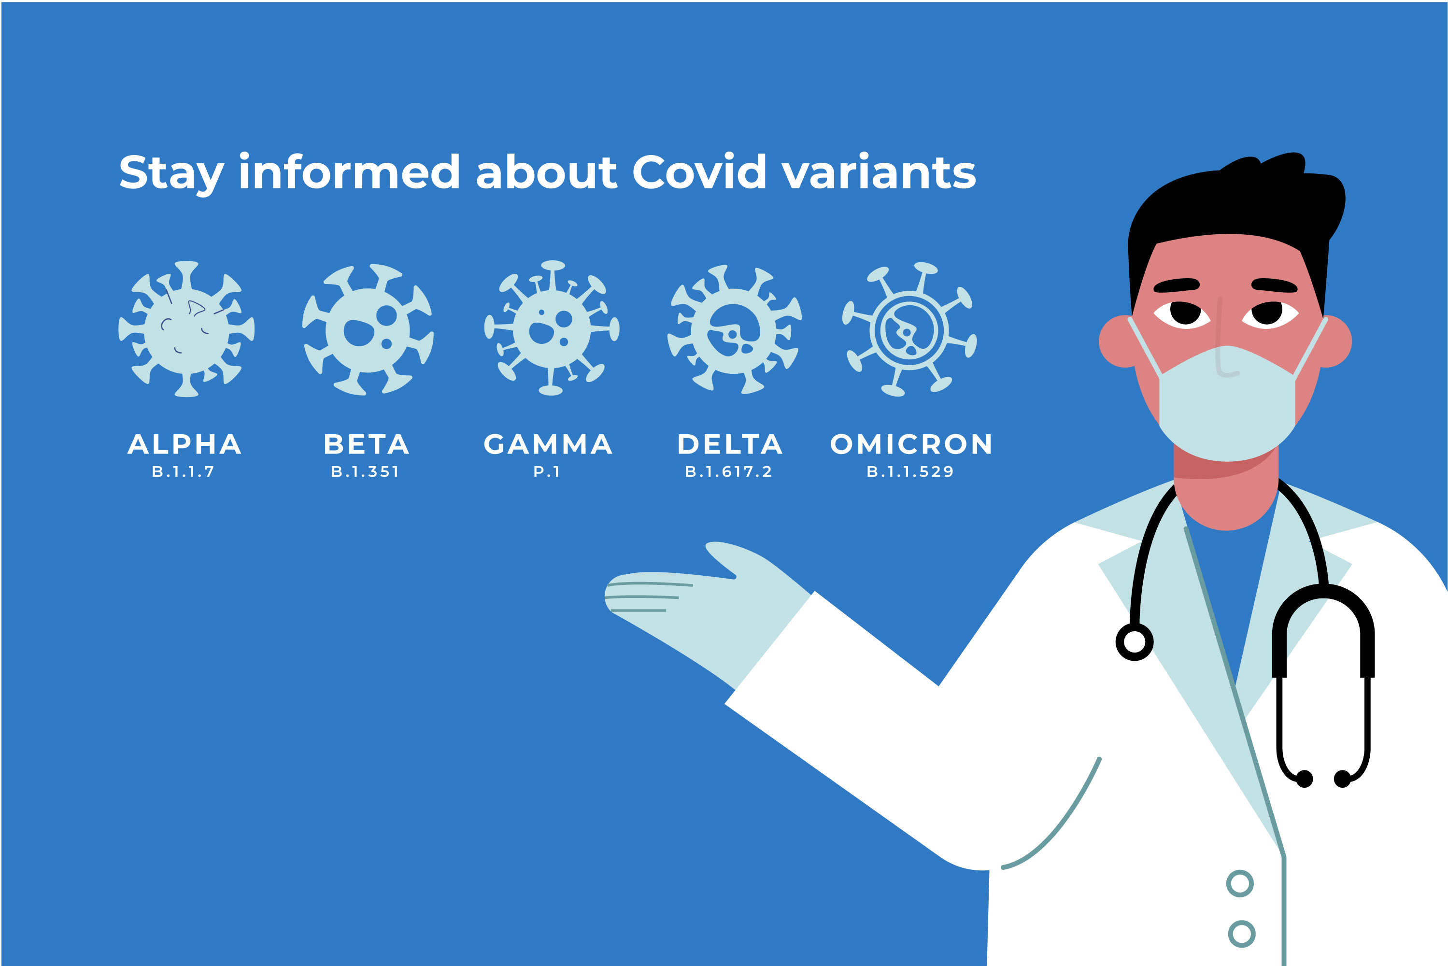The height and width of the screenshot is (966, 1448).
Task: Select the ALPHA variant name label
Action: coord(184,444)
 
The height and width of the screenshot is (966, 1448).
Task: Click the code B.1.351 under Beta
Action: coord(365,472)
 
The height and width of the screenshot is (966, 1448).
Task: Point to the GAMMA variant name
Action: coord(548,444)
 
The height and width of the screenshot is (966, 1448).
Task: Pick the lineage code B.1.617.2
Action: coord(729,472)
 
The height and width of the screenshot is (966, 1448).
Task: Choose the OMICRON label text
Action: coord(911,444)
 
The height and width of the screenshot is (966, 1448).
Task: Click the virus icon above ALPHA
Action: coord(186,329)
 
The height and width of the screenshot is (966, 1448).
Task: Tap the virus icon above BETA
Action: coord(368,329)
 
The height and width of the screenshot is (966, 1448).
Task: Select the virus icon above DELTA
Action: coord(734,329)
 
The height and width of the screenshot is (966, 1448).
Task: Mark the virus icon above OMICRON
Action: coord(909,329)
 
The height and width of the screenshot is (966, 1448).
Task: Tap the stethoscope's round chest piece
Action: coord(1135,642)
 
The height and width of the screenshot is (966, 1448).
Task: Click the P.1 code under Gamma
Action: coord(546,472)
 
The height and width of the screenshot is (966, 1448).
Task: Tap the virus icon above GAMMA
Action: coord(551,328)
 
